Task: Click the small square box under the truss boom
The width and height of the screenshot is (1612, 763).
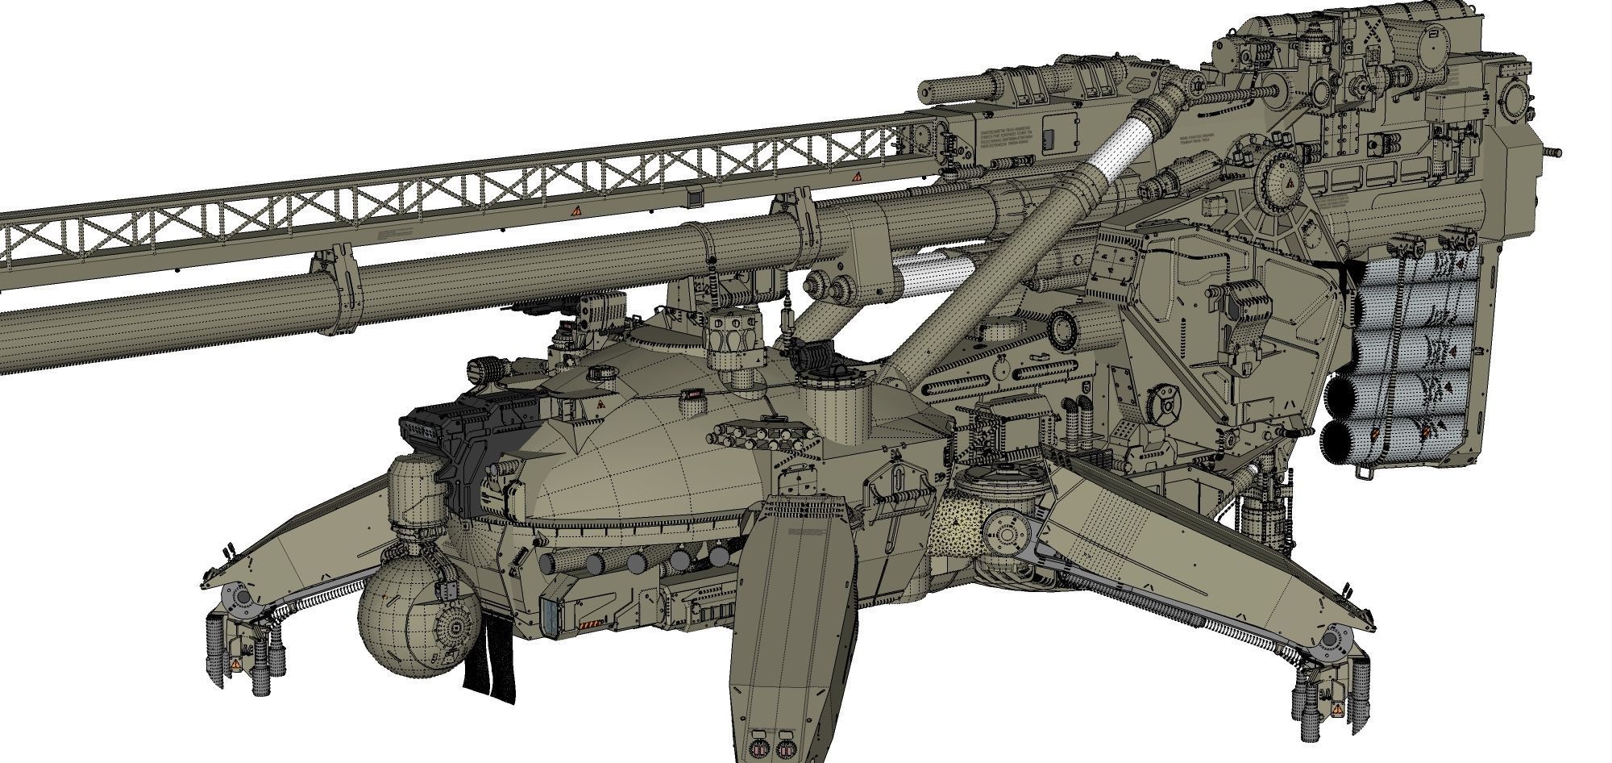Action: tap(693, 198)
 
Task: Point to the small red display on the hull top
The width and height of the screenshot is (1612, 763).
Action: tap(690, 394)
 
